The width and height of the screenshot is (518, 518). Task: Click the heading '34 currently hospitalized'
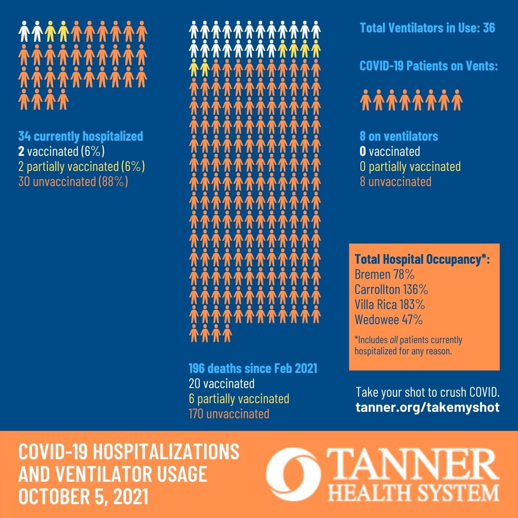pyautogui.click(x=81, y=136)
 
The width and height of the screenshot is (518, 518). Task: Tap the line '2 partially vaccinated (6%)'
pyautogui.click(x=82, y=166)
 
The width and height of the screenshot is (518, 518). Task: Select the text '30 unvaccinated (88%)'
pyautogui.click(x=73, y=182)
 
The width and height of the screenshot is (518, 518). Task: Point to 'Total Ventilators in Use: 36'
pyautogui.click(x=427, y=28)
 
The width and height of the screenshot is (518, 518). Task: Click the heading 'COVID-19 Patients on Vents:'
pyautogui.click(x=429, y=66)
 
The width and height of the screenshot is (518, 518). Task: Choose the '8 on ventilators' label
pyautogui.click(x=399, y=136)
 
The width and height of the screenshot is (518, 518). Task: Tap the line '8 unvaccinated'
pyautogui.click(x=395, y=182)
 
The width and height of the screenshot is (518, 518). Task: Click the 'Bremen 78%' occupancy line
pyautogui.click(x=385, y=275)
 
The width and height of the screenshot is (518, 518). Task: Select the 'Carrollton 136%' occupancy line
pyautogui.click(x=391, y=290)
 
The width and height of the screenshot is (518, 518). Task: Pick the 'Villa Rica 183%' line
pyautogui.click(x=390, y=305)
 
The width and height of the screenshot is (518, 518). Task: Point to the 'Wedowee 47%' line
pyautogui.click(x=388, y=320)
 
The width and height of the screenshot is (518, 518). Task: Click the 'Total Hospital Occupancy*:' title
pyautogui.click(x=422, y=259)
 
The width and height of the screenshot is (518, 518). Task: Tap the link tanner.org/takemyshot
pyautogui.click(x=427, y=407)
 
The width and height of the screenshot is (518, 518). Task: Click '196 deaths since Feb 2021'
pyautogui.click(x=253, y=368)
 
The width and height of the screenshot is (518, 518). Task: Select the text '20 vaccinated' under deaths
pyautogui.click(x=221, y=384)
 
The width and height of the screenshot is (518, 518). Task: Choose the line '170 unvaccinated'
pyautogui.click(x=229, y=414)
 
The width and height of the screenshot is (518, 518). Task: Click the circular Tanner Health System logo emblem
pyautogui.click(x=294, y=474)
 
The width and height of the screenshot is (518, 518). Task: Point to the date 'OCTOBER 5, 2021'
pyautogui.click(x=83, y=496)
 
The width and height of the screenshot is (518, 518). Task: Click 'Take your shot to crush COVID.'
pyautogui.click(x=428, y=392)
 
